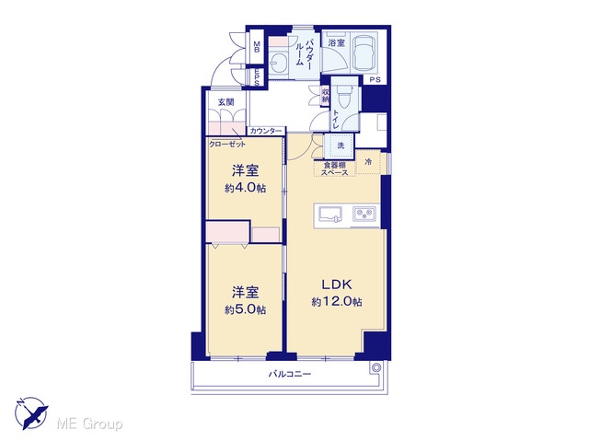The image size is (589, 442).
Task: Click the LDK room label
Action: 337,285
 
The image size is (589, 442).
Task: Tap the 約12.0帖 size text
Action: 337,301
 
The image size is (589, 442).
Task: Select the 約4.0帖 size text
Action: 246,188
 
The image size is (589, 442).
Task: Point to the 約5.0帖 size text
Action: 246,309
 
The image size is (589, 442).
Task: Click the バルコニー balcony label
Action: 290,374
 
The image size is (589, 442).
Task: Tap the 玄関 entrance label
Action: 226,102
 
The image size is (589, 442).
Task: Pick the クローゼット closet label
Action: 227,144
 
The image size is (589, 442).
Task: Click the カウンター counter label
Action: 266,131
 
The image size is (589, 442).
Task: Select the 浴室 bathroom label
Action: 336,42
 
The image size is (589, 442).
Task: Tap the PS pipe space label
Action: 375,80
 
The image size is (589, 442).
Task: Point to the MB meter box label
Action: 257,47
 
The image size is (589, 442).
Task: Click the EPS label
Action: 257,77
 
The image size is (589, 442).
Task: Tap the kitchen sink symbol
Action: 330,215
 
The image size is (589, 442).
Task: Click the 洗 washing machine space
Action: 341,145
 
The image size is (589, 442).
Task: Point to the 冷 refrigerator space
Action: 369,162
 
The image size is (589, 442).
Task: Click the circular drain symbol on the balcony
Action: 376,367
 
